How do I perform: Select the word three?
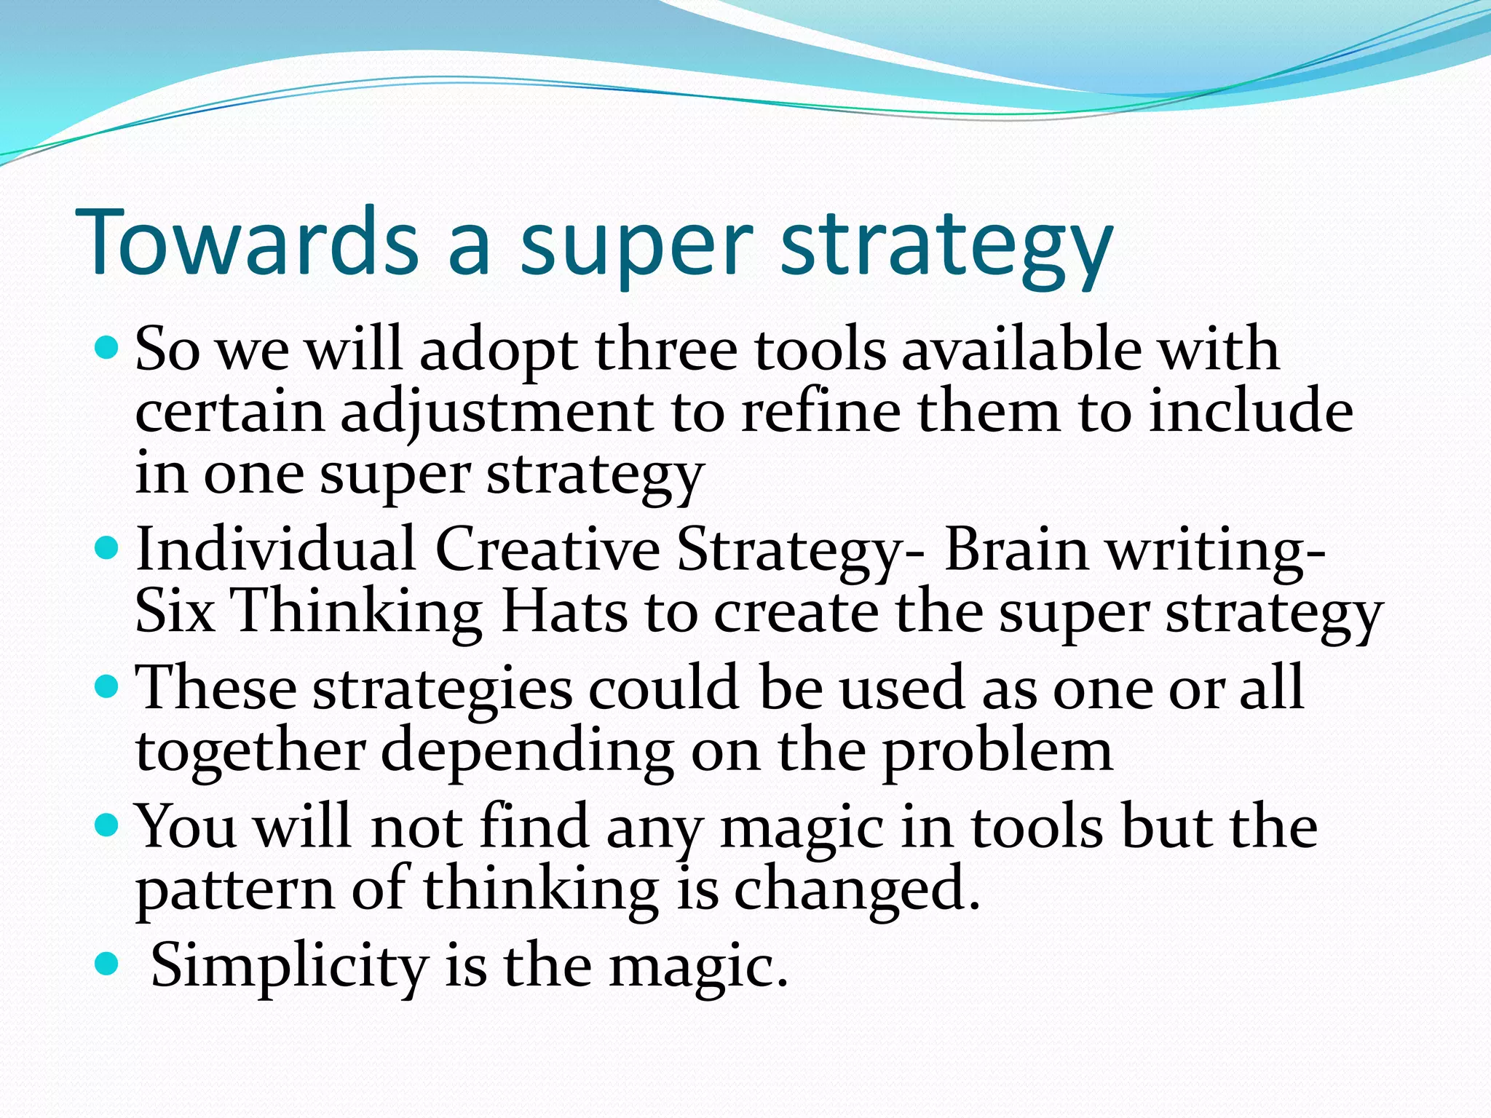(666, 349)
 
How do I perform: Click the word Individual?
(276, 550)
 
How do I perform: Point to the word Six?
(175, 611)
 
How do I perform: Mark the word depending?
(527, 752)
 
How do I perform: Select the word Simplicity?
(289, 967)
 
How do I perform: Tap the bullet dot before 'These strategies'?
(106, 686)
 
